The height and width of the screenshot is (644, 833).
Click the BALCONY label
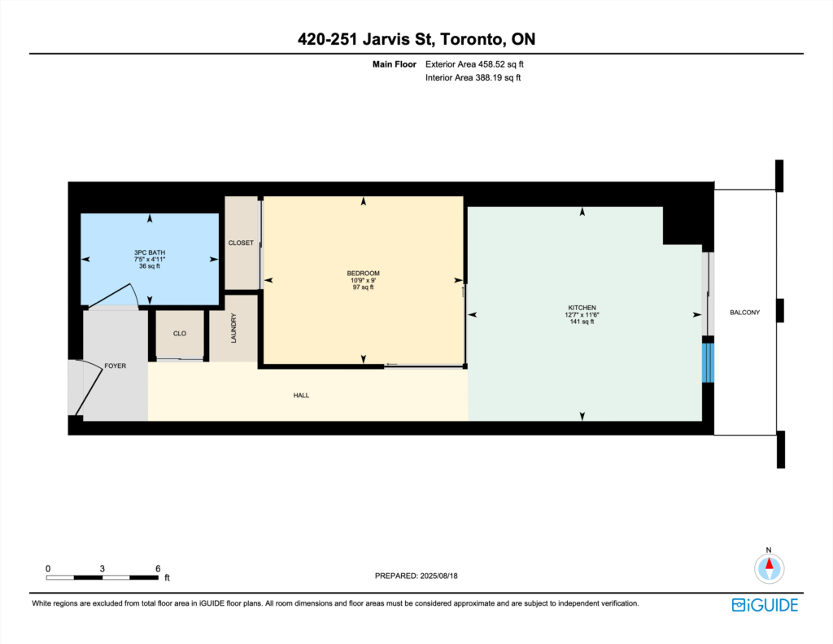(x=744, y=313)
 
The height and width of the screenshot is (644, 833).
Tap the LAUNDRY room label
(x=233, y=328)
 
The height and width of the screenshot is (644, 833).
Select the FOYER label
(x=116, y=366)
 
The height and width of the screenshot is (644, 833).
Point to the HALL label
(x=301, y=395)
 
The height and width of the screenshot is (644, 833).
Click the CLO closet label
(x=180, y=334)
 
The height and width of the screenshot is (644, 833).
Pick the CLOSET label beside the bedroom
(x=241, y=243)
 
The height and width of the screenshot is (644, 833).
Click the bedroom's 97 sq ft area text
(x=364, y=287)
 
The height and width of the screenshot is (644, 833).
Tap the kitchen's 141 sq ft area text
(x=582, y=322)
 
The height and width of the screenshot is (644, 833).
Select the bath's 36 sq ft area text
(x=150, y=266)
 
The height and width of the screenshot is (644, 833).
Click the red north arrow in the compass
(x=769, y=563)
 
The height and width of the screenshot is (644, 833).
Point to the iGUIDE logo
(x=765, y=605)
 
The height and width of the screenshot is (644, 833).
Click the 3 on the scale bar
(x=102, y=568)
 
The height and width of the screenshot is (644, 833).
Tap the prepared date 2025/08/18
(x=438, y=576)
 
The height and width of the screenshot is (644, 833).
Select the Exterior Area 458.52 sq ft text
(x=474, y=64)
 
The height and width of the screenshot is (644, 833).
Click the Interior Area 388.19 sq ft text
(x=473, y=77)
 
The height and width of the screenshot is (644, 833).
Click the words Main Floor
(x=395, y=64)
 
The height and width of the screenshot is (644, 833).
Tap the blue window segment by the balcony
(x=708, y=362)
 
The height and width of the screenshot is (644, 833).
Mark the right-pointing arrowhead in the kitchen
(x=697, y=315)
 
